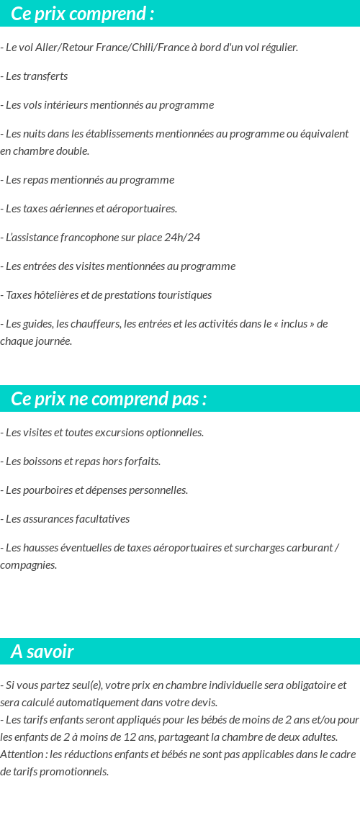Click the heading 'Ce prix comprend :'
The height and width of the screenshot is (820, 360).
click(83, 14)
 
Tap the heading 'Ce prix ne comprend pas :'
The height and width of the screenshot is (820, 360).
click(109, 399)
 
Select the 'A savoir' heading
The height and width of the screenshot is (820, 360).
click(42, 652)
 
